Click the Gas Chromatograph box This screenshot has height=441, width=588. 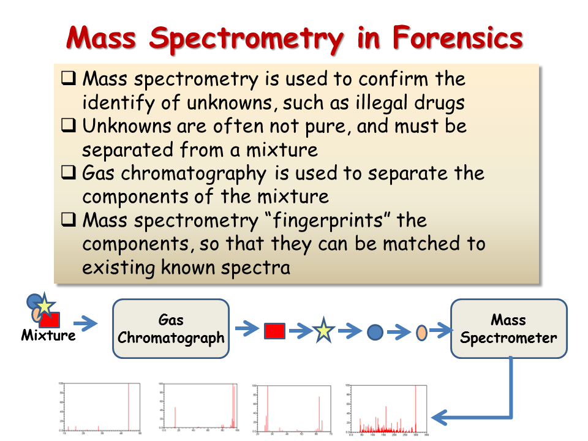(x=171, y=329)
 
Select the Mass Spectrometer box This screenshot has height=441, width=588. (x=508, y=329)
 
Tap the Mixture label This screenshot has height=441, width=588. (x=48, y=336)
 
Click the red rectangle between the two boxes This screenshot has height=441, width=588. (x=275, y=331)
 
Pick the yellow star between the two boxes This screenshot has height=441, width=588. (x=323, y=331)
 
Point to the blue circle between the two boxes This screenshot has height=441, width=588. (x=375, y=332)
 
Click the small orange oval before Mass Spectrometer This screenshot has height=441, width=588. (x=421, y=332)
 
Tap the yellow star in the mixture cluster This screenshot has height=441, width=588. (x=43, y=304)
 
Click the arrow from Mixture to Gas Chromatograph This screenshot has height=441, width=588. (x=85, y=322)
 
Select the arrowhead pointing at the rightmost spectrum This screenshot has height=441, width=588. (x=440, y=418)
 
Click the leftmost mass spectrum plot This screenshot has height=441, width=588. (x=101, y=407)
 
